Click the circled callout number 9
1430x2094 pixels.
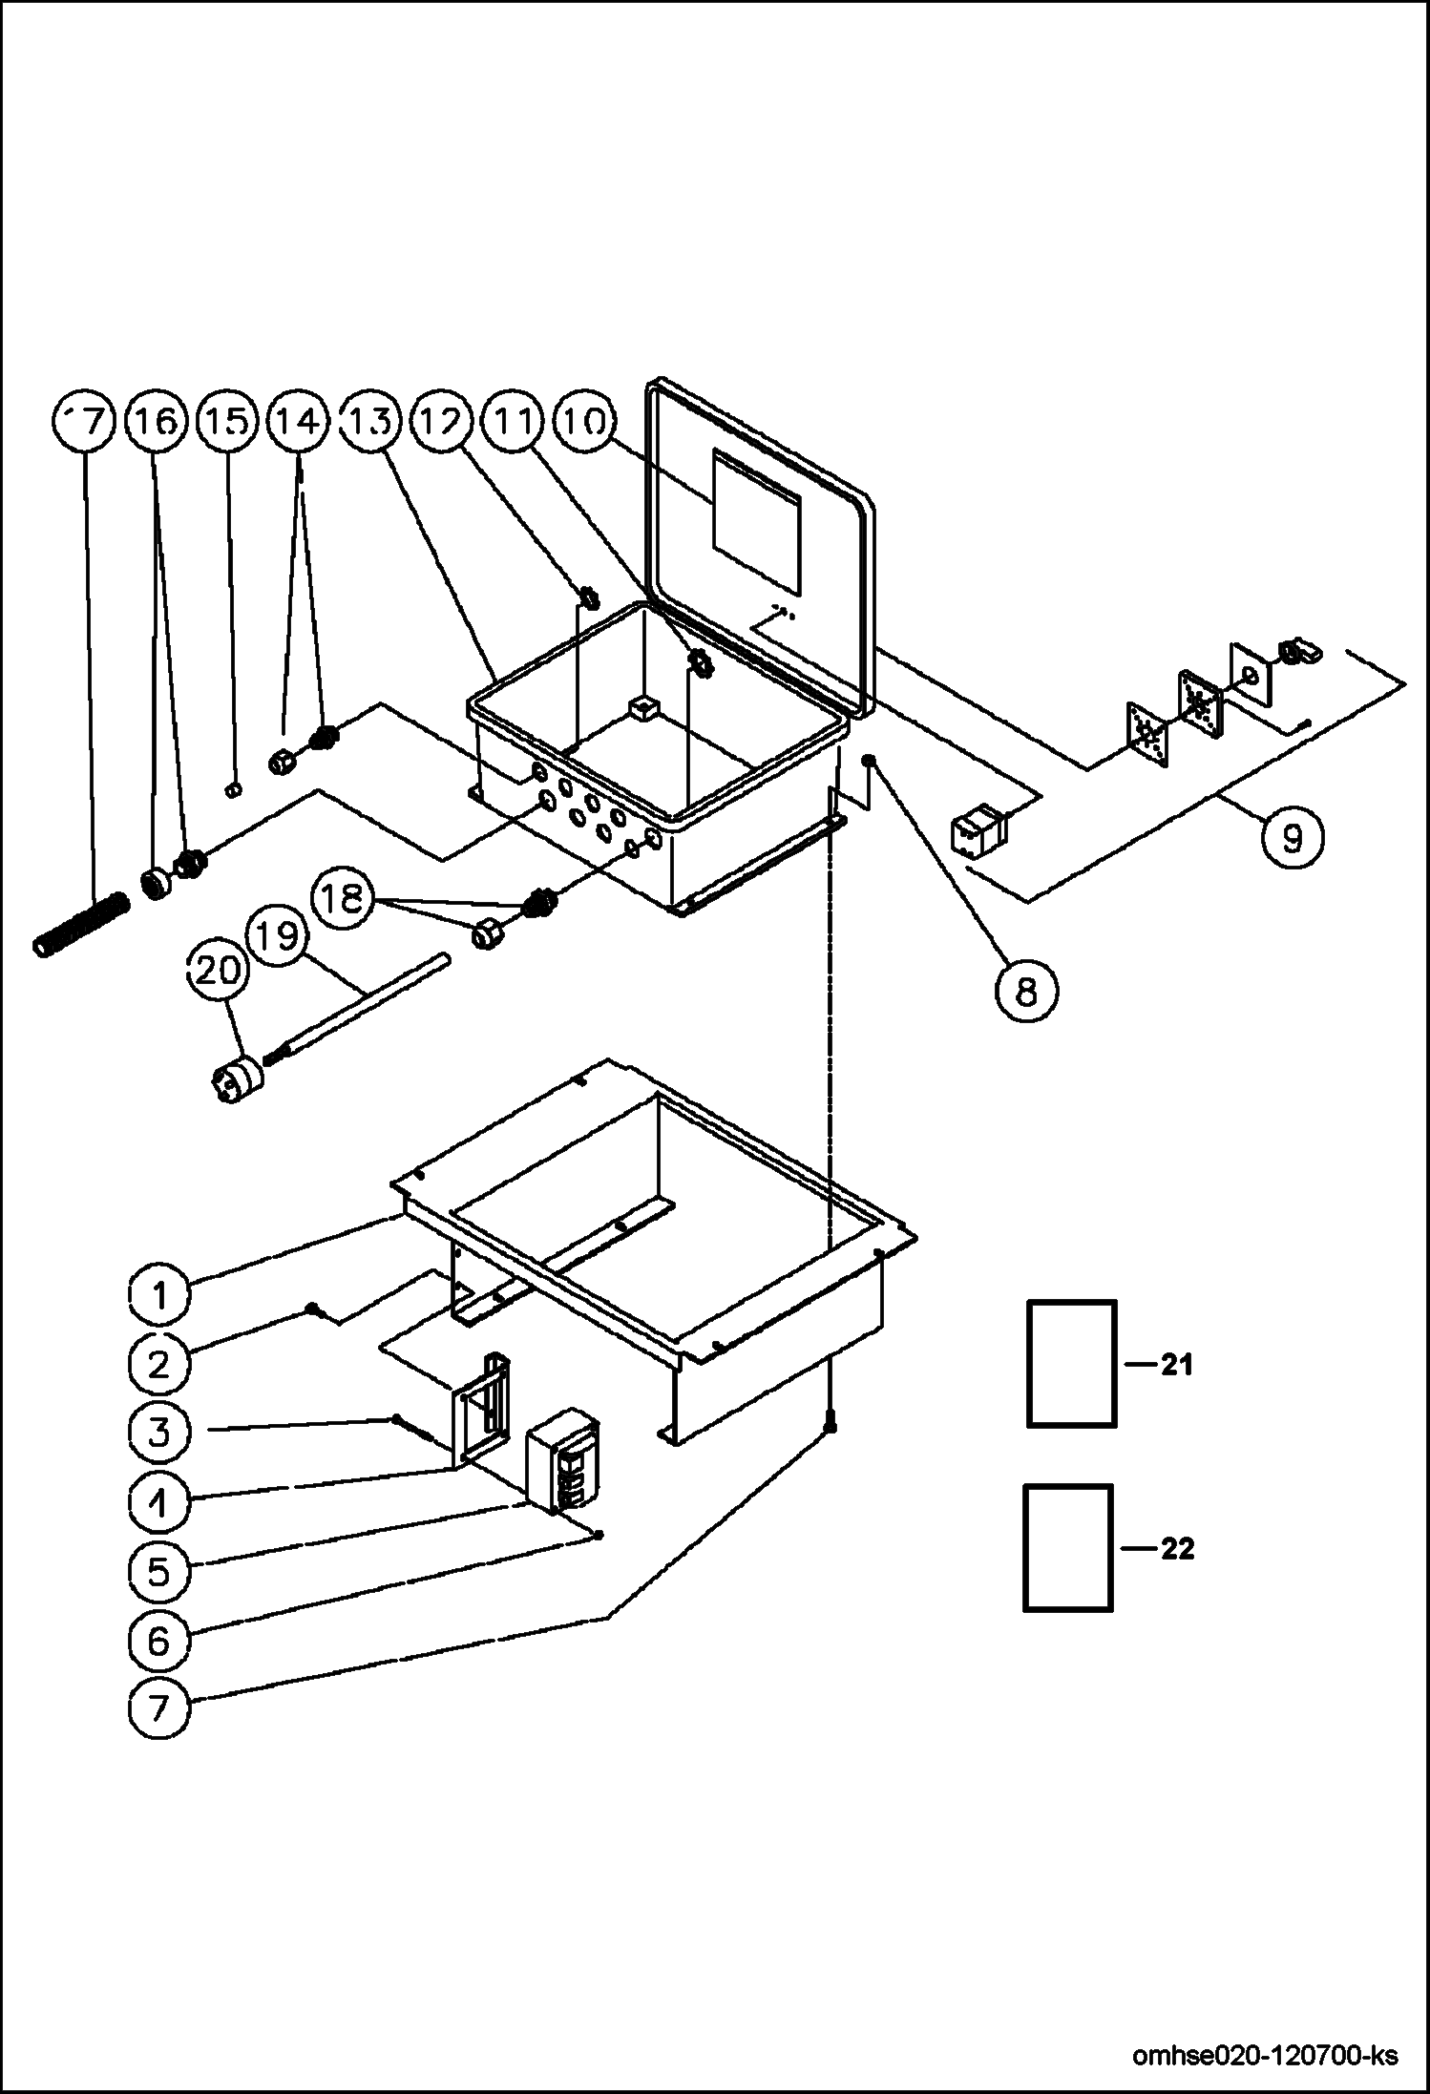point(1291,837)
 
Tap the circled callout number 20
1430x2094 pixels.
point(217,971)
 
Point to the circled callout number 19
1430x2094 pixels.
point(277,937)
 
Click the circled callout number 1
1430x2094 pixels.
point(159,1295)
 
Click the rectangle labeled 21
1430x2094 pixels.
point(1071,1364)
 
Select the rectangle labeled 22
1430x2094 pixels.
point(1068,1548)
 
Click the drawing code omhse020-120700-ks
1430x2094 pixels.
point(1265,2056)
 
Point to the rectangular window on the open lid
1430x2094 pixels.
point(758,520)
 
